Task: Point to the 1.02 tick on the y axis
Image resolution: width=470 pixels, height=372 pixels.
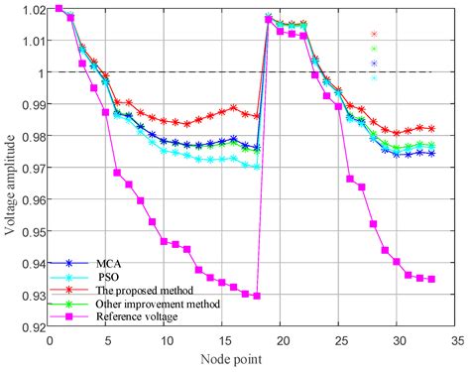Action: [x=33, y=9]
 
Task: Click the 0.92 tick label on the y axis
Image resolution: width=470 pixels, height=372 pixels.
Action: [x=33, y=326]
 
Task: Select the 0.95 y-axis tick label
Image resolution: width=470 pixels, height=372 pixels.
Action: [x=33, y=231]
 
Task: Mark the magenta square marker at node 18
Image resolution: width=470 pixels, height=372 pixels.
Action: [x=257, y=296]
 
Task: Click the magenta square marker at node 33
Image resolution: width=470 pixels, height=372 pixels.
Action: [x=431, y=279]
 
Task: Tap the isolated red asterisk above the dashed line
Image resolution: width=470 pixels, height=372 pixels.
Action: [x=374, y=34]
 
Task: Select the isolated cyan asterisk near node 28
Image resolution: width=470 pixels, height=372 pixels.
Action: [x=374, y=77]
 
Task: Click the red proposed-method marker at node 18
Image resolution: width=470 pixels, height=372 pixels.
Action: [x=257, y=116]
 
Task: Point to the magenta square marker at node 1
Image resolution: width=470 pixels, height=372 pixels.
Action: [x=59, y=8]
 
